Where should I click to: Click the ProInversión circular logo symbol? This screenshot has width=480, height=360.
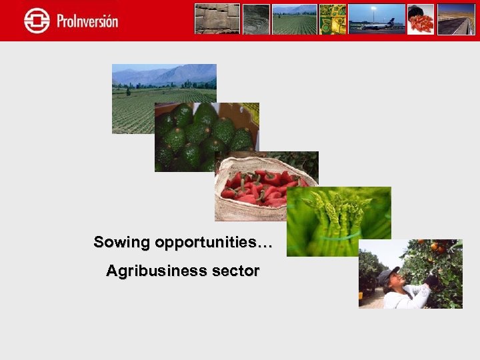click(37, 21)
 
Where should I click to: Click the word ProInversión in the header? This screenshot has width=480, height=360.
click(87, 21)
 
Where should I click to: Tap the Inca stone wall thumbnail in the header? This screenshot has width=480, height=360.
click(217, 19)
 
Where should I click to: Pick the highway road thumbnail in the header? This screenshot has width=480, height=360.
click(455, 19)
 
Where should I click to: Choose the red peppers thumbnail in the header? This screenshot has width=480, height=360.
click(421, 19)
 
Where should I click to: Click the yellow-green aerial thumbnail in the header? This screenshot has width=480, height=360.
click(333, 19)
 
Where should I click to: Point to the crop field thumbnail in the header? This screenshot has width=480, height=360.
click(294, 19)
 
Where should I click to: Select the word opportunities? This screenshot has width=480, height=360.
click(213, 243)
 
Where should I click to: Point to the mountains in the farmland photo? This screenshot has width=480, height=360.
click(167, 75)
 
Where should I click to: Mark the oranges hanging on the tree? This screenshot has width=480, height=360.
click(437, 248)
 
